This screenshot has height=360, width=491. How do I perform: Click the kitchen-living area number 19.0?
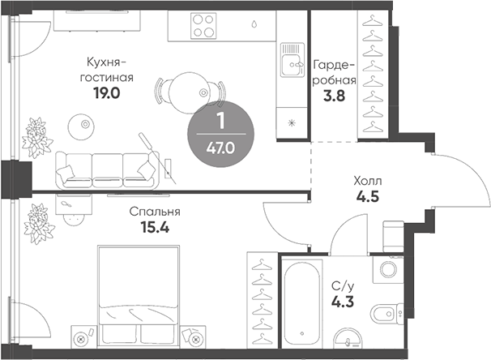(x=106, y=93)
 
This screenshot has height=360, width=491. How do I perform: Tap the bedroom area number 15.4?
(x=155, y=227)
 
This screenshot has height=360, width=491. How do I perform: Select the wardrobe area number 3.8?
(x=334, y=96)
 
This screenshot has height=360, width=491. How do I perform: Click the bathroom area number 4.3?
(x=343, y=302)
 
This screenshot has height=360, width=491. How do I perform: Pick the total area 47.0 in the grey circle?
(x=220, y=148)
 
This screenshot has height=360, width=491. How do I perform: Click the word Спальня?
(x=155, y=212)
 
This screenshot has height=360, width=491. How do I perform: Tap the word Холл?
(x=368, y=181)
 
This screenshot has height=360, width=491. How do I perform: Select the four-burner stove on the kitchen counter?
(x=203, y=26)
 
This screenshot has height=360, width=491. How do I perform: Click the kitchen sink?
(x=292, y=60)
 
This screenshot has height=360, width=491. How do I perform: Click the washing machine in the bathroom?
(x=388, y=269)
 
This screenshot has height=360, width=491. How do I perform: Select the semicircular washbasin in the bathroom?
(x=348, y=338)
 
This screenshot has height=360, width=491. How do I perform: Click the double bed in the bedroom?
(x=139, y=297)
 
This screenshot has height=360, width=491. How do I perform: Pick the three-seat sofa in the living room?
(x=108, y=170)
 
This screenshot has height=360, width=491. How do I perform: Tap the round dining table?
(x=189, y=92)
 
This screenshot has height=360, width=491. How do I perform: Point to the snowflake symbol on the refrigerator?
(x=292, y=123)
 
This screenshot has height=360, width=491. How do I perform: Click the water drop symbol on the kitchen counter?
(x=254, y=24)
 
